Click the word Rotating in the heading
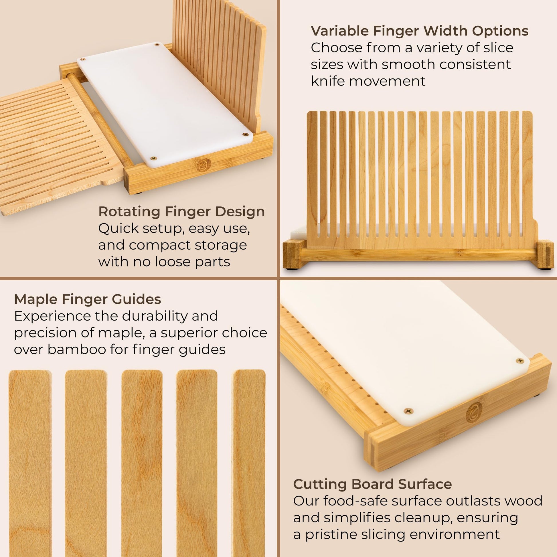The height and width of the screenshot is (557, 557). click(x=129, y=212)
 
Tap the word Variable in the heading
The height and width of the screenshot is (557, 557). click(x=339, y=31)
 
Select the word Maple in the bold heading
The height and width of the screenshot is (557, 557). click(x=35, y=300)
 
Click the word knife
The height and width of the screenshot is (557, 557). click(x=328, y=81)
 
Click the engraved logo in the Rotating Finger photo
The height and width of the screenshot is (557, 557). click(x=204, y=165)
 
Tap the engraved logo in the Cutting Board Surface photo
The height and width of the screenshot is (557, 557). click(x=474, y=412)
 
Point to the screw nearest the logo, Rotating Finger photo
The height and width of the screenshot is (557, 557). click(x=154, y=158)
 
